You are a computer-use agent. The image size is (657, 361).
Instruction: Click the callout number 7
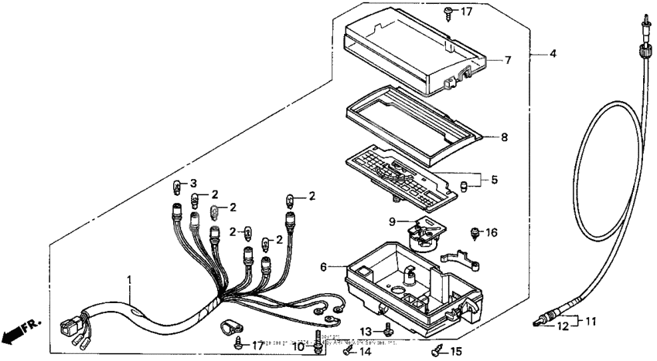coord(507,59)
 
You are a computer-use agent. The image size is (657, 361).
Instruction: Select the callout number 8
coord(504,138)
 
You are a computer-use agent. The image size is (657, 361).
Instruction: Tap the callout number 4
coord(553,54)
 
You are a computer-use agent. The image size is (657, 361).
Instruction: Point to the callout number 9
coord(393,221)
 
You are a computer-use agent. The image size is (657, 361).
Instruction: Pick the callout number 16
coord(492,231)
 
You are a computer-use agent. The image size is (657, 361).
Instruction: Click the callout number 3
coord(194,183)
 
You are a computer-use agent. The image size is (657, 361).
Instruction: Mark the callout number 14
coord(366,351)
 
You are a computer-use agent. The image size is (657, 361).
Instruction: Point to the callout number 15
coord(455,352)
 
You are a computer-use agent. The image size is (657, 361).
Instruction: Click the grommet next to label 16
coord(474,231)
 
